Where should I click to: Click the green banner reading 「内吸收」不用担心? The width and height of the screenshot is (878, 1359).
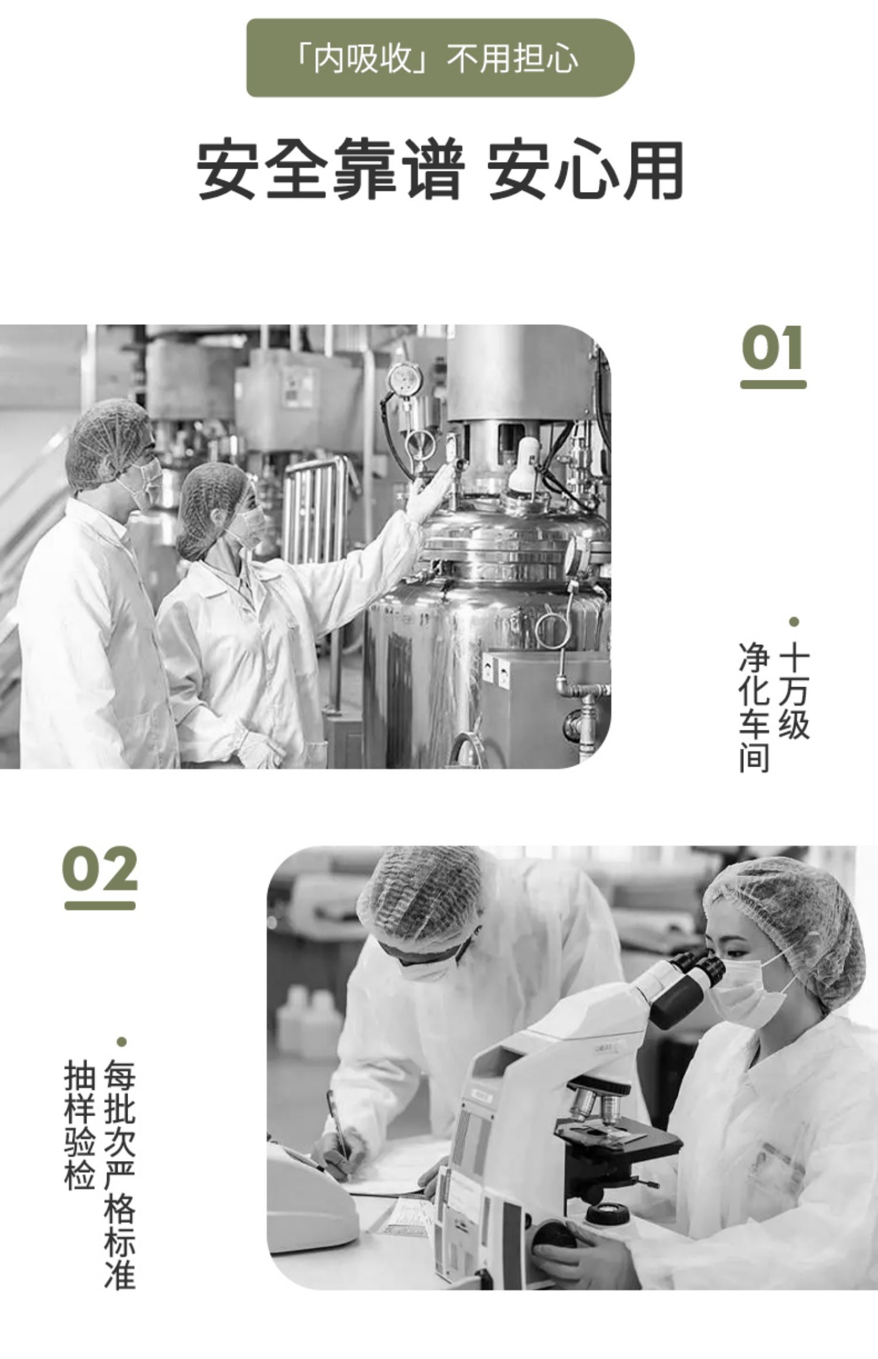click(x=440, y=58)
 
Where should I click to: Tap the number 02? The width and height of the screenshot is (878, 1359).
click(x=100, y=869)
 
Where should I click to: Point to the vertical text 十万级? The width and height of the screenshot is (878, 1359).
click(x=794, y=690)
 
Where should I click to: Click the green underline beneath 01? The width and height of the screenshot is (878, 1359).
click(x=773, y=385)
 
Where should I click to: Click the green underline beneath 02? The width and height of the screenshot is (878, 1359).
click(x=100, y=905)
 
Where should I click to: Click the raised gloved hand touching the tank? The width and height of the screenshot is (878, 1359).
click(x=430, y=493)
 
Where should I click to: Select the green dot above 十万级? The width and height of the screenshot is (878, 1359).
click(x=794, y=622)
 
